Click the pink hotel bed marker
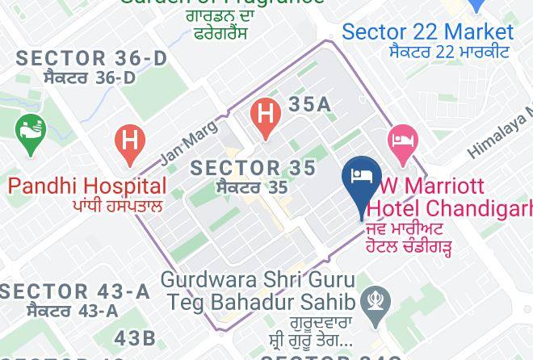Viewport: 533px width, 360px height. pos(401,141)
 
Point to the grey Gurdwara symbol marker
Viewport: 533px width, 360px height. pos(376,302)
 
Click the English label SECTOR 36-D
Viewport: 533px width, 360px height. pos(91,59)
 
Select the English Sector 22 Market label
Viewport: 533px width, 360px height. pos(427,32)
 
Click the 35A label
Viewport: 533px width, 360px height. pos(310,104)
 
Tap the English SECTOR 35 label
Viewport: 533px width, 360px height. pos(253,167)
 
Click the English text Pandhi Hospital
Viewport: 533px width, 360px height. pos(87,186)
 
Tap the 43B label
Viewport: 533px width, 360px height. pos(135,337)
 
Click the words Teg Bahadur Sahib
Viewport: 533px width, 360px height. pos(261,302)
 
